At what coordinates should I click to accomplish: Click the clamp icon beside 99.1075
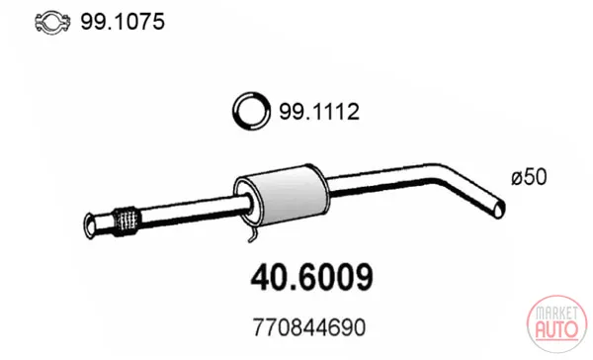52,23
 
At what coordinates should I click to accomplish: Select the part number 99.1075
123,21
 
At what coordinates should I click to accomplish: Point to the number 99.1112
319,112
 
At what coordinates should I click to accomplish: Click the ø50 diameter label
529,177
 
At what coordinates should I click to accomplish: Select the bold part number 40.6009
312,278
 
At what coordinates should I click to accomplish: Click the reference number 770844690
309,327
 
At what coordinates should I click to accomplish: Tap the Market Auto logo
556,324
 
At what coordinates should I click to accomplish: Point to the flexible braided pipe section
126,223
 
